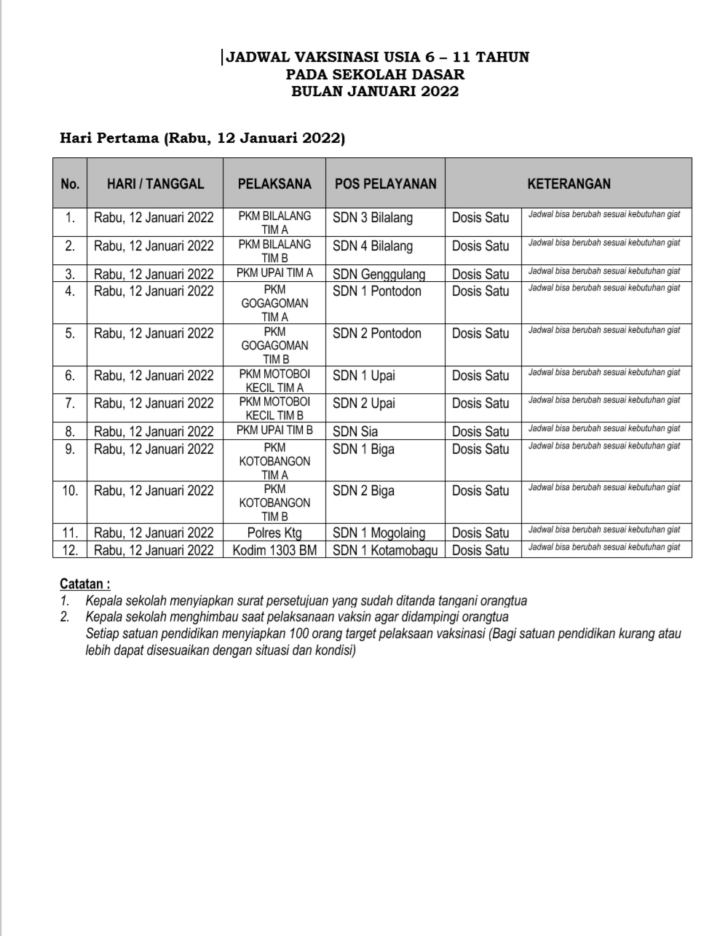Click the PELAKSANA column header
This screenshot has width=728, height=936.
(274, 184)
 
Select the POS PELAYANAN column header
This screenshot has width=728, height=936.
(385, 184)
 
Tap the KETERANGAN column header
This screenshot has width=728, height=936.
(569, 184)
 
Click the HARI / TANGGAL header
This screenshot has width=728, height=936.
(155, 184)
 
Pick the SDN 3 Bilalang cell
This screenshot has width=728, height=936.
(373, 218)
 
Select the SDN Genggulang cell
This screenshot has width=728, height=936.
(379, 274)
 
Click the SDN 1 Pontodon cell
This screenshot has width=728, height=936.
(377, 291)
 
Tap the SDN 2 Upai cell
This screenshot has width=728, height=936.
(364, 404)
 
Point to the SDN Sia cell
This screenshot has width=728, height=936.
(355, 431)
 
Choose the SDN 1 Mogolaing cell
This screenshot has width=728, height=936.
(379, 532)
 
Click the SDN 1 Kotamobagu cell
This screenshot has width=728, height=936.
(385, 550)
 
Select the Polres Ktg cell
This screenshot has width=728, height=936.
(274, 532)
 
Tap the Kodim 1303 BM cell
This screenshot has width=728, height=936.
(274, 550)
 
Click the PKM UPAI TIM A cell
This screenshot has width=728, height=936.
(274, 273)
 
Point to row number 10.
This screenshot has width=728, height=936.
(70, 491)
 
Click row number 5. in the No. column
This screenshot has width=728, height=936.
(70, 334)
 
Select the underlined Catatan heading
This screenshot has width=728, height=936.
(85, 584)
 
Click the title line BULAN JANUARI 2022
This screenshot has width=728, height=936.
(375, 91)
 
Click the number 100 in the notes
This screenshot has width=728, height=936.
(299, 634)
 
